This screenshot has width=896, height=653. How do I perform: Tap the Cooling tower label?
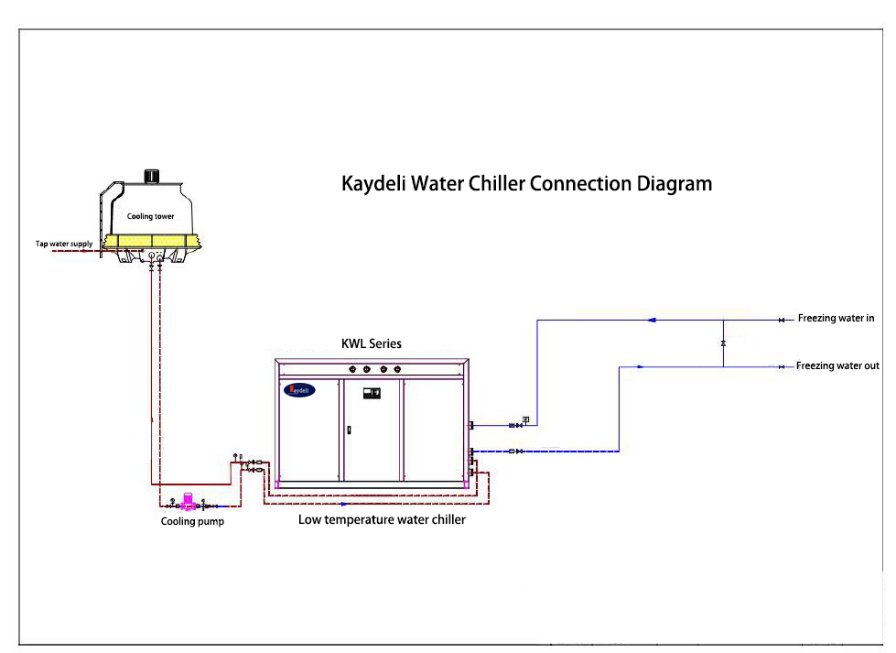tap(150, 216)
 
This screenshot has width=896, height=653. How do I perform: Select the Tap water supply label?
tap(63, 244)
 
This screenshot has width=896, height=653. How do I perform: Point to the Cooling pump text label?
tap(192, 522)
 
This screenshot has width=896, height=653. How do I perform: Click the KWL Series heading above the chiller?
tap(372, 344)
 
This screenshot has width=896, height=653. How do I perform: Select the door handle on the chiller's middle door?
tap(348, 428)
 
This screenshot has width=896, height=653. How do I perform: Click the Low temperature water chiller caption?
tap(382, 520)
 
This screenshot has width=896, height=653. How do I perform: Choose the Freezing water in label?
tap(836, 319)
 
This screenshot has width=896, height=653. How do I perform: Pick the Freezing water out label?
tap(837, 366)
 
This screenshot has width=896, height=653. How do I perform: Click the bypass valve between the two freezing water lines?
tap(723, 343)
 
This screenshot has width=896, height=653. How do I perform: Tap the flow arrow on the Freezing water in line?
tap(651, 320)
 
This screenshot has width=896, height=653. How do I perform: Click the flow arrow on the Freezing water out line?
tap(640, 366)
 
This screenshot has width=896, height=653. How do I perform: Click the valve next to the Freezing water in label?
tap(781, 320)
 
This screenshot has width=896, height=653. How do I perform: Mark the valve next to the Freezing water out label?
tap(781, 366)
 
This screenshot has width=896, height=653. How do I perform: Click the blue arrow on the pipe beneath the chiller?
tap(343, 504)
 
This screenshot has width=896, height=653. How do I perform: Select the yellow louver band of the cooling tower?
tap(150, 242)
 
